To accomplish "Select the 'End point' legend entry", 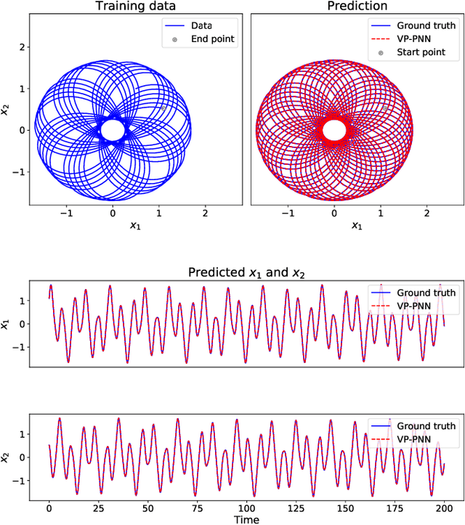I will click(x=213, y=39).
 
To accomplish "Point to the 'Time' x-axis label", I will click(x=246, y=518).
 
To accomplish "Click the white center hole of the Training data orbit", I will click(x=113, y=130).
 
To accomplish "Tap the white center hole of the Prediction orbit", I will click(x=334, y=130).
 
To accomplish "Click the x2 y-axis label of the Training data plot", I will click(x=6, y=109).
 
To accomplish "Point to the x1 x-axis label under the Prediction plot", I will click(x=356, y=226).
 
